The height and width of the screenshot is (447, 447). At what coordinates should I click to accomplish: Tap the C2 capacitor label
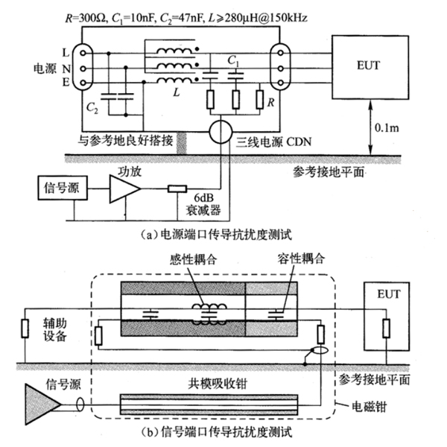pos(92,108)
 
